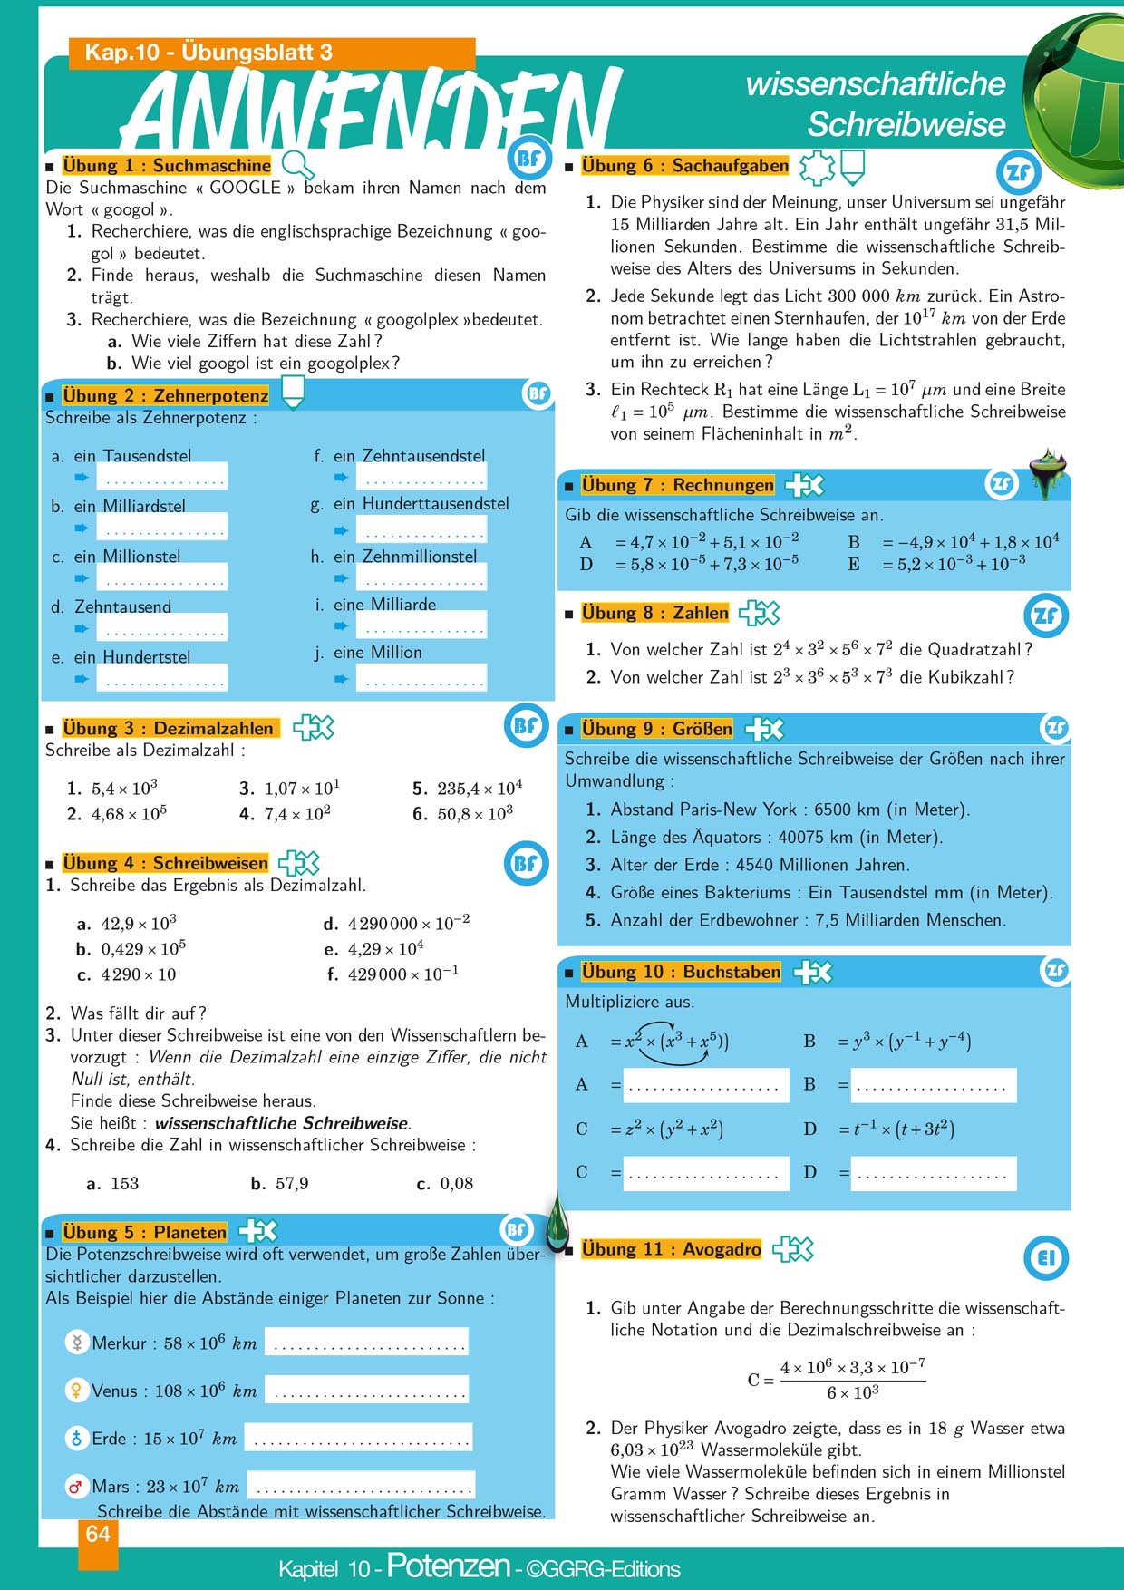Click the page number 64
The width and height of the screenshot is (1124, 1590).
[98, 1534]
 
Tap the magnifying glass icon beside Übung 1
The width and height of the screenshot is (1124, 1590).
[298, 165]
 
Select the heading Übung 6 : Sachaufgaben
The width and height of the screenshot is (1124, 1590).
[684, 166]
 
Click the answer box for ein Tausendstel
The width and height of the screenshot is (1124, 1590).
[161, 478]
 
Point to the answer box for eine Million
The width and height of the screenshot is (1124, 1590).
[421, 677]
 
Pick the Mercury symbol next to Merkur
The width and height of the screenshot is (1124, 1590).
[77, 1343]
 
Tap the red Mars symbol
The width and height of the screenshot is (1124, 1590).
[76, 1487]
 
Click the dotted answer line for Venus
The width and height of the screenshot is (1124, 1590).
[367, 1390]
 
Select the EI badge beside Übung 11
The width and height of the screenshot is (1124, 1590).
[1046, 1258]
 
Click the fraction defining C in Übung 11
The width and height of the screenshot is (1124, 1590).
[851, 1379]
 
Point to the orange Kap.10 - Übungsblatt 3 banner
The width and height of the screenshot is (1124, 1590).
[272, 53]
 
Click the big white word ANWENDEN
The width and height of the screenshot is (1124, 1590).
[372, 109]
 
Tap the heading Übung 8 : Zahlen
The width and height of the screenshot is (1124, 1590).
[654, 614]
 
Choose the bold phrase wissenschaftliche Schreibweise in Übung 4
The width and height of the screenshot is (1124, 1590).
[282, 1123]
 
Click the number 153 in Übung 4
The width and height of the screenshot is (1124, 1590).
[124, 1183]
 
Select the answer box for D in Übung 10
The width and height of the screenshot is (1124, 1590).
[933, 1173]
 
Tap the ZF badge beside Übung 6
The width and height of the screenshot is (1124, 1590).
[1018, 171]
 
